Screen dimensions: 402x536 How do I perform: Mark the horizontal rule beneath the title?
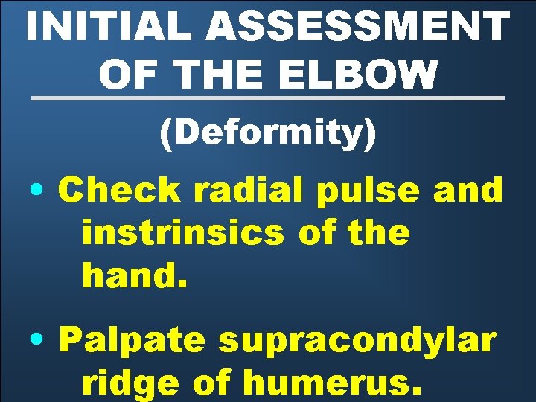coord(268,98)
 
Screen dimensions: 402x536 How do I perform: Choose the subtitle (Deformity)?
coord(268,134)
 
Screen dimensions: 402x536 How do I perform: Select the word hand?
coord(131,277)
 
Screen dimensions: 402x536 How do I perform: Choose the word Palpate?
coord(131,341)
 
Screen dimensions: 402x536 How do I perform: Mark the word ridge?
coord(131,385)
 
